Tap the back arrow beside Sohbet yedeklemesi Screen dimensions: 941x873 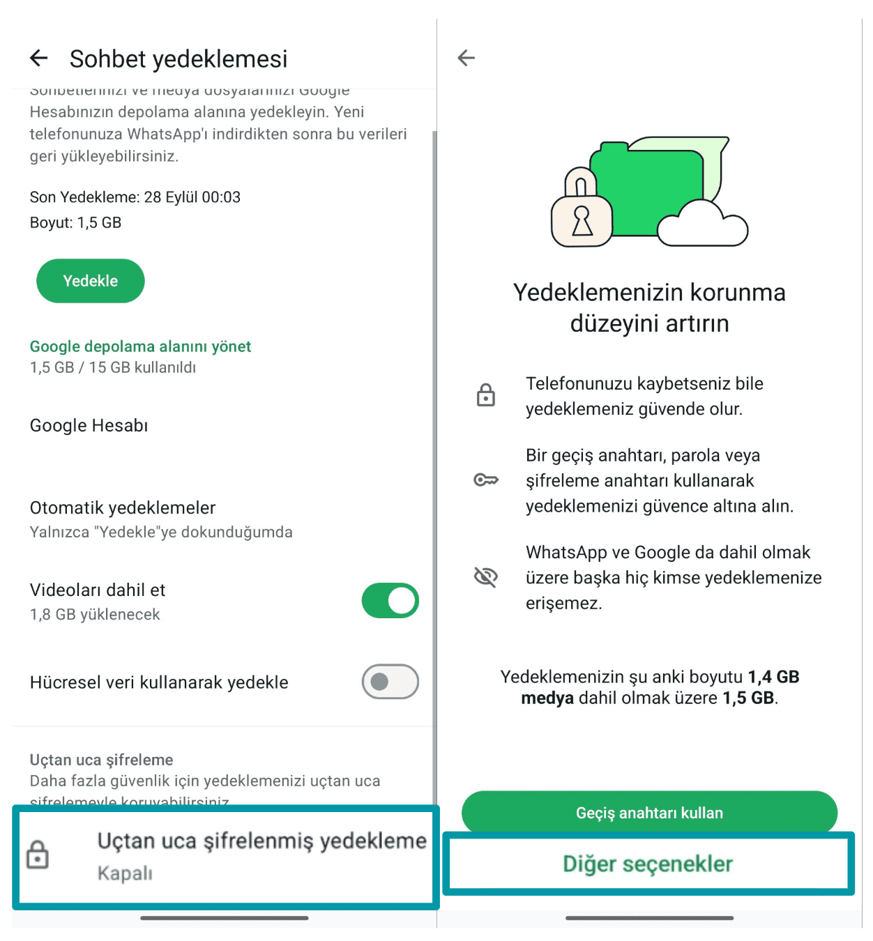click(39, 59)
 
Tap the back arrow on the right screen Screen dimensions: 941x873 click(466, 58)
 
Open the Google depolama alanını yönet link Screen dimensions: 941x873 click(140, 346)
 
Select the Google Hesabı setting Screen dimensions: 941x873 click(89, 425)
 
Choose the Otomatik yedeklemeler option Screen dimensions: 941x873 click(123, 508)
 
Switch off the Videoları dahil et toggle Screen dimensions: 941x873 click(390, 601)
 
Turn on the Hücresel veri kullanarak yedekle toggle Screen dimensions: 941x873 click(390, 682)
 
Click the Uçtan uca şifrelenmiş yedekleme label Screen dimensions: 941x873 click(261, 841)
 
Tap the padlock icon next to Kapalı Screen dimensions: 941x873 click(38, 855)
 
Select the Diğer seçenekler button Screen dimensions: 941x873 click(648, 864)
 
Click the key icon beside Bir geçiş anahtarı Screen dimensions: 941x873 click(486, 480)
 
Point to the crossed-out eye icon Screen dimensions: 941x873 click(486, 577)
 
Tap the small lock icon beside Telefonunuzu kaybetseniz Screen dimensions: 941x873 click(486, 395)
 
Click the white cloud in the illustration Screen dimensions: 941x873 click(702, 224)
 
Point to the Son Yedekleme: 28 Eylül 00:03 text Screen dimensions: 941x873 click(135, 197)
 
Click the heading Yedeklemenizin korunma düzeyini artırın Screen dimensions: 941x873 click(649, 307)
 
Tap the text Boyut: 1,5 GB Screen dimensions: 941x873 click(75, 223)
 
